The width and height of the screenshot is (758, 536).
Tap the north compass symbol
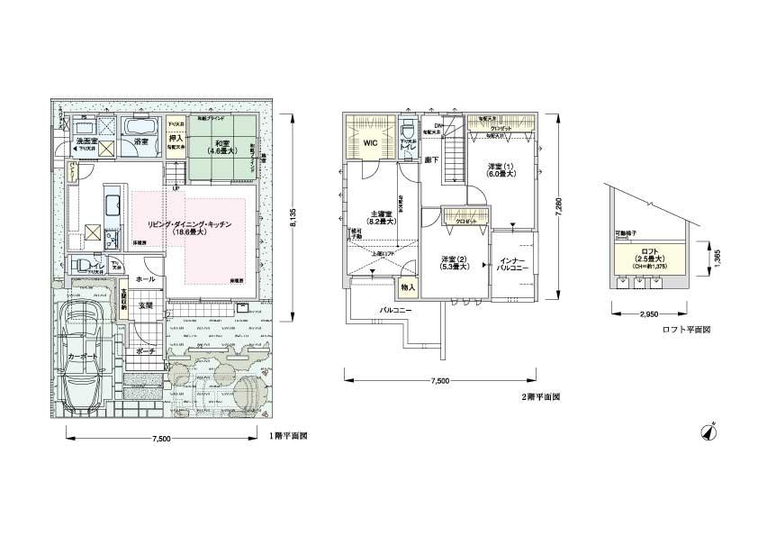click(708, 431)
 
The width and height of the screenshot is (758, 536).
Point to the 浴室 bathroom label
click(140, 142)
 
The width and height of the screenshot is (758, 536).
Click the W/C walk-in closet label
click(370, 142)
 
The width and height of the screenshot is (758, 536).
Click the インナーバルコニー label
click(512, 265)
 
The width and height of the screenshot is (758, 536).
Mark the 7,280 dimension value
click(560, 209)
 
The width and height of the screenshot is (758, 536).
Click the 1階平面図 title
click(289, 435)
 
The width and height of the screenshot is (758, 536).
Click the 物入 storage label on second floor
click(409, 287)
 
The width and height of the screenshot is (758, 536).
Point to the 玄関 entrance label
click(145, 305)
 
